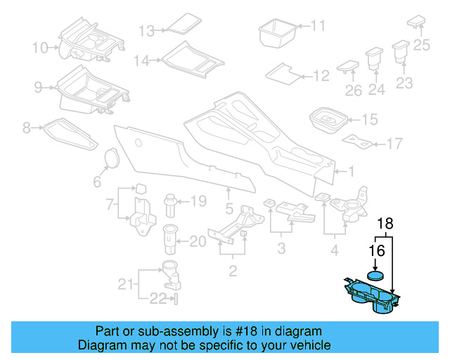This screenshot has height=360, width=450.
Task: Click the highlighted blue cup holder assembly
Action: [373, 297]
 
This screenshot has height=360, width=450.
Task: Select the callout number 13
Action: [146, 31]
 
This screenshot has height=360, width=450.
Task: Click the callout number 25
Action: [421, 46]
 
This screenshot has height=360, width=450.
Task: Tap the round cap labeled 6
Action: [110, 158]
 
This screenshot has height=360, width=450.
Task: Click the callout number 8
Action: [27, 128]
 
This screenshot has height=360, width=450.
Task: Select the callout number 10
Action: [39, 48]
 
